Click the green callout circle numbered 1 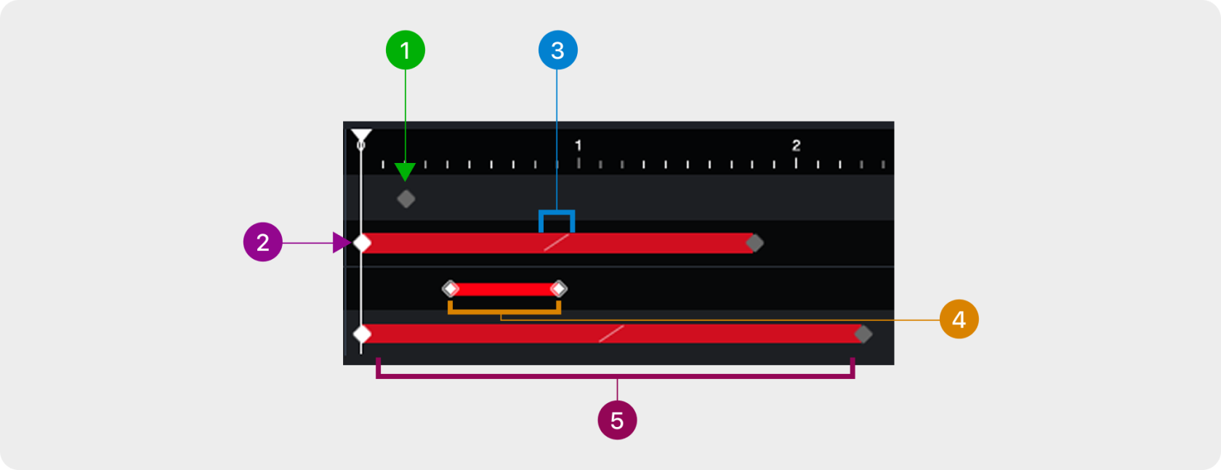406,50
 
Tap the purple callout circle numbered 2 262,242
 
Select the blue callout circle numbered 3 557,50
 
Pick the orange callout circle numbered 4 959,319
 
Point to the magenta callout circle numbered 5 617,421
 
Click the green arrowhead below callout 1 405,172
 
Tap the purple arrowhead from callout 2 341,242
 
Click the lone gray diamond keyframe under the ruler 406,199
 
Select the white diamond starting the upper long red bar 362,243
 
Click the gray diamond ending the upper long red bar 755,243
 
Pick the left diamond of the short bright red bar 451,289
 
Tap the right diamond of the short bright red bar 558,289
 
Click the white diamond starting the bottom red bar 362,334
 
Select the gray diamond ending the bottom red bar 863,334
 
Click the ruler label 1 579,146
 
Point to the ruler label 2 796,146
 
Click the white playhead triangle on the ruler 361,135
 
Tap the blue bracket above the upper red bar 557,213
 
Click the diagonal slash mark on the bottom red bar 611,334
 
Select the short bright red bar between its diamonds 504,289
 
